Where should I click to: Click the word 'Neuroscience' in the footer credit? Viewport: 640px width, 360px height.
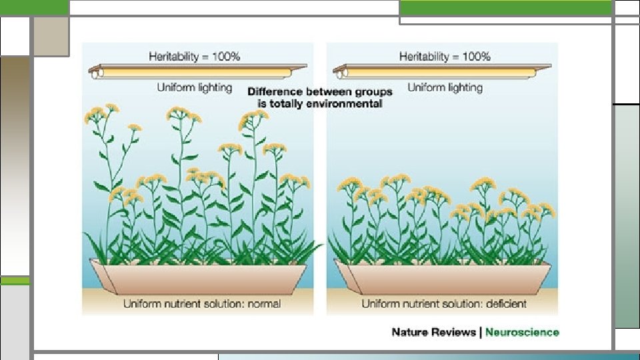click(522, 332)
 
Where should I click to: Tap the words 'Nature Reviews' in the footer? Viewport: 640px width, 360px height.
click(434, 332)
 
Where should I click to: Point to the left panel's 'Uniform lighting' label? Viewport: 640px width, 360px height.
click(195, 87)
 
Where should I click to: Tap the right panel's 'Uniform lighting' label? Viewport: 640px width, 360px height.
click(445, 87)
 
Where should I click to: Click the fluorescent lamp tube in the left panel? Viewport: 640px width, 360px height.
click(200, 70)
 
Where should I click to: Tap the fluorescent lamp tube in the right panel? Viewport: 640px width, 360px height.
click(443, 70)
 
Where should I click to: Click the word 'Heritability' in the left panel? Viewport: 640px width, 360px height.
click(174, 57)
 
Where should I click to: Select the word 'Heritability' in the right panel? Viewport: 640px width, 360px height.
click(424, 57)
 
